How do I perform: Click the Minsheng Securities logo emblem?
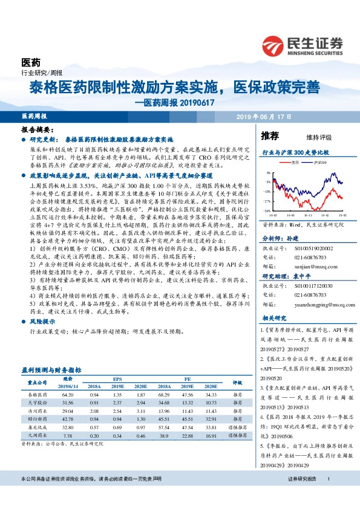click(273, 45)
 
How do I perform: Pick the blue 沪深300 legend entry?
click(319, 162)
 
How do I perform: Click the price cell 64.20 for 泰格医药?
click(68, 394)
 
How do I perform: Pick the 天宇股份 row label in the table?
click(37, 402)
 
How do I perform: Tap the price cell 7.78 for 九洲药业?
click(68, 435)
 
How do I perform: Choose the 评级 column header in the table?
click(238, 382)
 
